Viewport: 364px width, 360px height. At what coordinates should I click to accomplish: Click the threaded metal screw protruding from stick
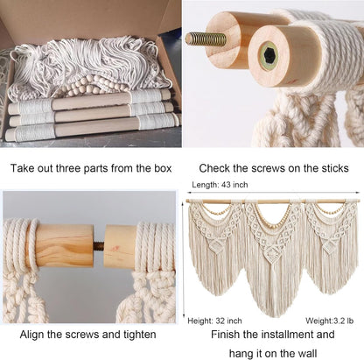pos(206,39)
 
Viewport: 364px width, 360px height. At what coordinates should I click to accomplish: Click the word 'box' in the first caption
pos(163,168)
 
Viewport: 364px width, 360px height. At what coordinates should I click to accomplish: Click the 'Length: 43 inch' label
pos(220,185)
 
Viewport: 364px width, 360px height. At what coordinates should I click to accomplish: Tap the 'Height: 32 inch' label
pos(214,321)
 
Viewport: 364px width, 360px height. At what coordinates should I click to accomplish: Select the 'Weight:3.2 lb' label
pos(329,321)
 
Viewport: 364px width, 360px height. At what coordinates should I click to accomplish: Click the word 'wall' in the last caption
pos(306,354)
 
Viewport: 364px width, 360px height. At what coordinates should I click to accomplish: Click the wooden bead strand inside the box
pos(87,85)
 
